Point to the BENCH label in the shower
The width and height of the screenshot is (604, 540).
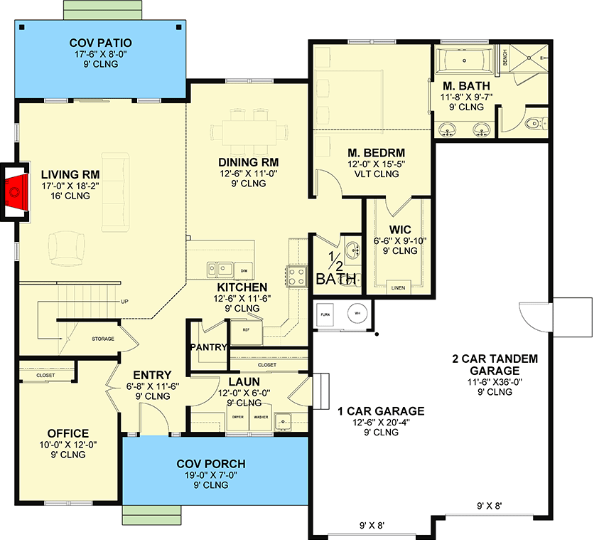[505, 58]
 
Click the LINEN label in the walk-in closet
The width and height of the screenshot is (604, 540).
[397, 287]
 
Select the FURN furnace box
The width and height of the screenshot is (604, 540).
[325, 314]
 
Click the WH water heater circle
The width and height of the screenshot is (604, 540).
[357, 314]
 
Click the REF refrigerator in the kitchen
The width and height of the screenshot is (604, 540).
[247, 331]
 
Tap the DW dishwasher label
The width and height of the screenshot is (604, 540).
[244, 271]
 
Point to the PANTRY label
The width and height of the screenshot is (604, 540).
[207, 348]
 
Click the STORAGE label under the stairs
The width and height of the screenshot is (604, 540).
[102, 339]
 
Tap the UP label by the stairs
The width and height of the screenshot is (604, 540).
[124, 301]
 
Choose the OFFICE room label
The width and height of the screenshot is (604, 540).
[68, 433]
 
